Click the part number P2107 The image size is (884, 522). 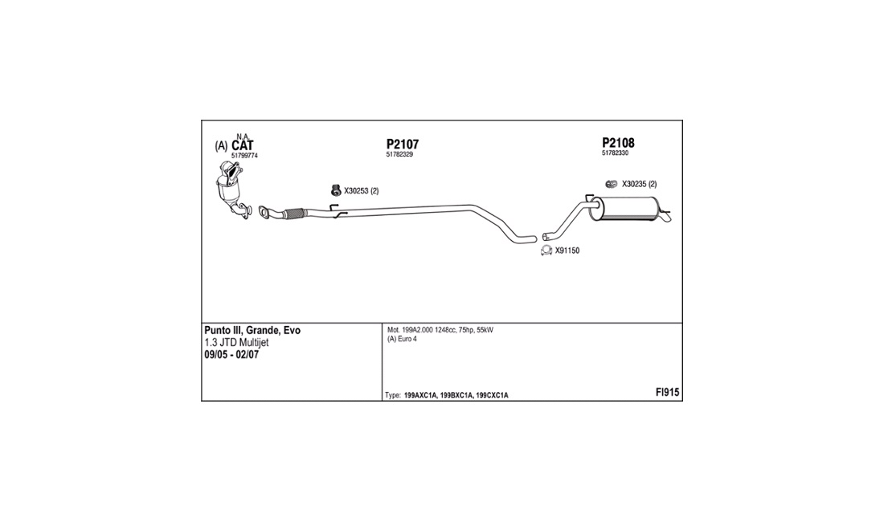pyautogui.click(x=403, y=145)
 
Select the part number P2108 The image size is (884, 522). pyautogui.click(x=619, y=143)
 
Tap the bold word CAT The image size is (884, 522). pyautogui.click(x=243, y=146)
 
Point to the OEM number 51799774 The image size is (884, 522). pyautogui.click(x=244, y=156)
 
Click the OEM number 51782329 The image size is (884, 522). pyautogui.click(x=399, y=154)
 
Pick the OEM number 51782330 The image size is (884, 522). pyautogui.click(x=615, y=153)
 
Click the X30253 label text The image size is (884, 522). pyautogui.click(x=356, y=191)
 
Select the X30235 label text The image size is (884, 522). pyautogui.click(x=634, y=184)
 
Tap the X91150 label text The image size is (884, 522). pyautogui.click(x=567, y=251)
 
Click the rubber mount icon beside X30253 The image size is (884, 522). pyautogui.click(x=336, y=190)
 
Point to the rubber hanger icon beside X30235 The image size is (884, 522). pyautogui.click(x=611, y=184)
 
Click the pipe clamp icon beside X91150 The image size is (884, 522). pyautogui.click(x=546, y=251)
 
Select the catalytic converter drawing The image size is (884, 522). pyautogui.click(x=231, y=189)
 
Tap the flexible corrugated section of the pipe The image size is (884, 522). pyautogui.click(x=294, y=214)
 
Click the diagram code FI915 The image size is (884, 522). pyautogui.click(x=667, y=393)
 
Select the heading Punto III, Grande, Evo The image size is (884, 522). pyautogui.click(x=252, y=331)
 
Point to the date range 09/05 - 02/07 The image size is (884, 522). pyautogui.click(x=231, y=355)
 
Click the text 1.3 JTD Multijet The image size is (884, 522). pyautogui.click(x=236, y=342)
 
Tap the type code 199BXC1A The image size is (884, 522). pyautogui.click(x=456, y=395)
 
